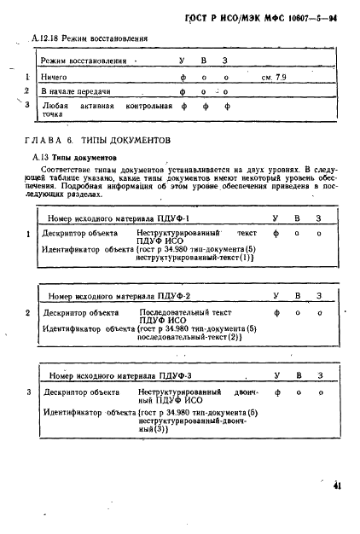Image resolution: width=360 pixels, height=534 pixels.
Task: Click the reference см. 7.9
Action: (276, 77)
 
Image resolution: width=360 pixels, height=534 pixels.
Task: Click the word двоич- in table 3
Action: (244, 393)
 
